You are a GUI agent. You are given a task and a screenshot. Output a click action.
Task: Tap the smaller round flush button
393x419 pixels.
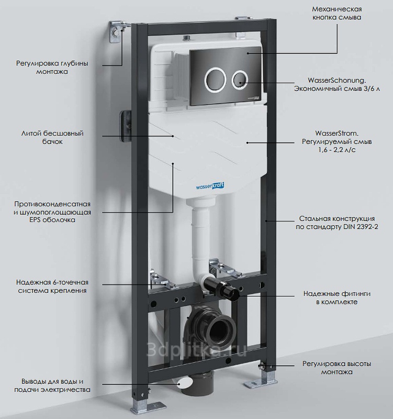240,80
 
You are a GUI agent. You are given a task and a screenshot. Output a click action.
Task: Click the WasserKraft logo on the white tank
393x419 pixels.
210,186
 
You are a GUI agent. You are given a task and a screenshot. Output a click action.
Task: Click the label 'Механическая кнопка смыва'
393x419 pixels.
337,13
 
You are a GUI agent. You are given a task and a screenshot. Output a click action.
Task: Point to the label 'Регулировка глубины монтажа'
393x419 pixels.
52,68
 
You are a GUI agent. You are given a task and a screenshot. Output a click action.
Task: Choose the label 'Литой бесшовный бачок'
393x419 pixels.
52,137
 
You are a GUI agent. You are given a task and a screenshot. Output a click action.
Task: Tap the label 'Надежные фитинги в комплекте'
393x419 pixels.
337,297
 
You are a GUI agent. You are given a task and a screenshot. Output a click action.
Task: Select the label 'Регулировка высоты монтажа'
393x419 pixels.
337,368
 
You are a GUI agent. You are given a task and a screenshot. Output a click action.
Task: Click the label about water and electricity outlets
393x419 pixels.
52,385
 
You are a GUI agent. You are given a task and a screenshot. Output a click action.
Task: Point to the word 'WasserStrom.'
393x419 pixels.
337,133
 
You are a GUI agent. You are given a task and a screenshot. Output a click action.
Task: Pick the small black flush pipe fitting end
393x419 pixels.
232,293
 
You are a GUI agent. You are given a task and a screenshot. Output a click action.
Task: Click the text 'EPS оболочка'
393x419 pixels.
52,220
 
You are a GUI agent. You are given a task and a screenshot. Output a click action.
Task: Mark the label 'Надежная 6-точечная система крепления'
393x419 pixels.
52,286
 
